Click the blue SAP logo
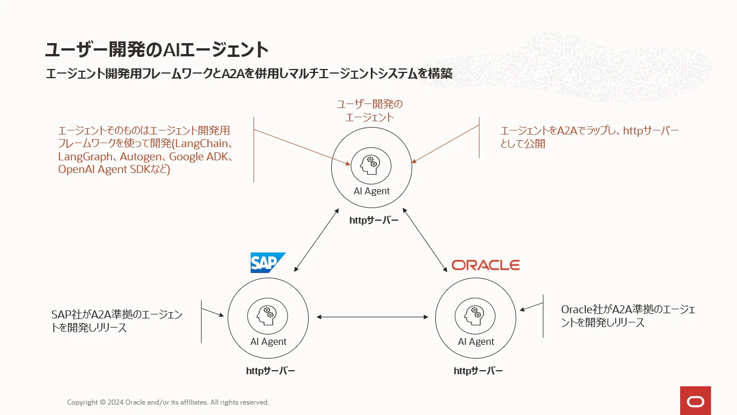click(268, 263)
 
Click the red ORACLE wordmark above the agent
click(486, 265)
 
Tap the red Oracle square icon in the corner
click(696, 401)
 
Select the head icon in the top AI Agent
click(371, 166)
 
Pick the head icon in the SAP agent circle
click(267, 316)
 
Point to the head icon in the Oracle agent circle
click(475, 316)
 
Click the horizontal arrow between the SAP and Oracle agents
click(373, 317)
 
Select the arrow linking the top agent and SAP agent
click(317, 240)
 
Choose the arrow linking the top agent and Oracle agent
click(425, 240)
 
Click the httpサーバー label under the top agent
click(374, 220)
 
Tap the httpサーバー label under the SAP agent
click(270, 371)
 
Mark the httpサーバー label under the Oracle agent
click(478, 371)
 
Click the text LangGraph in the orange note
click(85, 157)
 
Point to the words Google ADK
click(198, 156)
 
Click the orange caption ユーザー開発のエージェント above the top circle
click(370, 111)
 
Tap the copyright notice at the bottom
click(168, 402)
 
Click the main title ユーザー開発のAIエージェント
click(156, 49)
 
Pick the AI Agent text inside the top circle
click(371, 191)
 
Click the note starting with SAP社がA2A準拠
click(117, 321)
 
